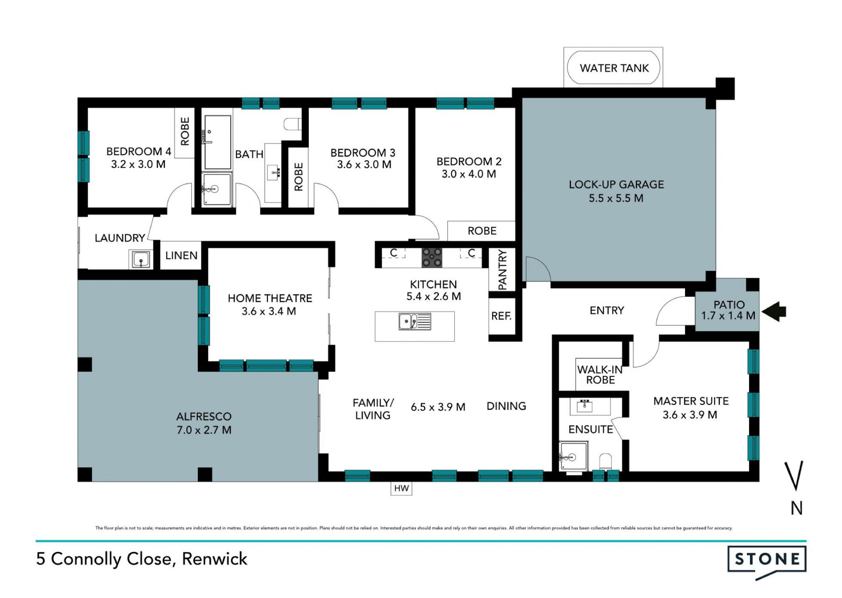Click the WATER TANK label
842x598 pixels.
614,68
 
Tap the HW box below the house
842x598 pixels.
401,488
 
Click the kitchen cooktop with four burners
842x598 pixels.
432,258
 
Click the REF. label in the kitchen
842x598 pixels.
501,316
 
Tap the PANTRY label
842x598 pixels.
503,270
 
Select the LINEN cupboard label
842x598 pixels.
181,255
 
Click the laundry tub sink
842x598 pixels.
141,259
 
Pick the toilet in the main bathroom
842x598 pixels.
293,124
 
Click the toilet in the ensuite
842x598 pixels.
606,462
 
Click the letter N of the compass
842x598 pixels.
796,508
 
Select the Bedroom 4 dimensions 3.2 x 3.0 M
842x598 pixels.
138,165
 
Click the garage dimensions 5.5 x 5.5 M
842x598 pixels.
616,198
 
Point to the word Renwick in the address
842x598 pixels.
214,559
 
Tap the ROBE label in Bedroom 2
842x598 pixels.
482,231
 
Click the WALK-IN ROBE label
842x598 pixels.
600,375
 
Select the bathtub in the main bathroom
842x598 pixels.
218,142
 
